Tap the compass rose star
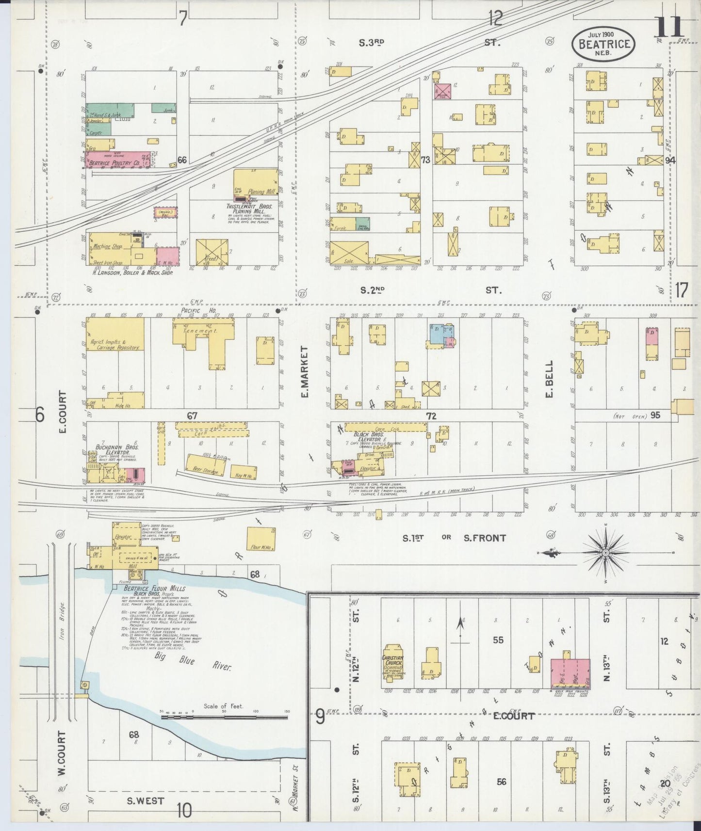(x=605, y=552)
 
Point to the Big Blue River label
(x=193, y=662)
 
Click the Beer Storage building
(x=206, y=464)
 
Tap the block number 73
(x=425, y=160)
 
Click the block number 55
(x=498, y=640)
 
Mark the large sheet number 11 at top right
(x=668, y=27)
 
